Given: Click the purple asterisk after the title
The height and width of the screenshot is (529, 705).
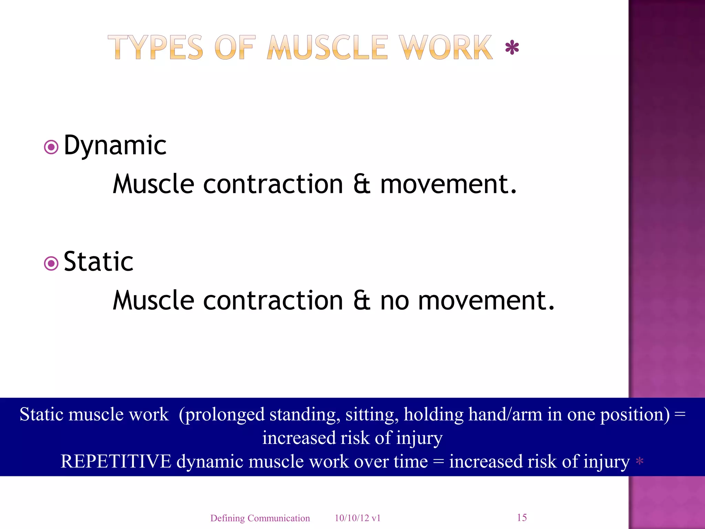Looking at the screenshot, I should (512, 48).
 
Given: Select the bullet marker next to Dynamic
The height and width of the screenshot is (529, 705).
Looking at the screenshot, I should (51, 147).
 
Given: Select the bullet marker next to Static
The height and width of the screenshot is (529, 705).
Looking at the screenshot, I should (51, 264).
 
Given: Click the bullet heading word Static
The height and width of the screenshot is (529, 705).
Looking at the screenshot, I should (98, 262).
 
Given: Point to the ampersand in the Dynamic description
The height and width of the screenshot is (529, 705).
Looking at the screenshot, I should (361, 184).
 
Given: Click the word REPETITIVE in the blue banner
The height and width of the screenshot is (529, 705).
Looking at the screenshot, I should (116, 461).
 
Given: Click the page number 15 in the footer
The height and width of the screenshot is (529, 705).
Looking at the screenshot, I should (522, 517).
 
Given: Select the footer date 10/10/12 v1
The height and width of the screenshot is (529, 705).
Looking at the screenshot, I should (357, 518).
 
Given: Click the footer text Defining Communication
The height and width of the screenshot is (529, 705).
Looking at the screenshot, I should (260, 518).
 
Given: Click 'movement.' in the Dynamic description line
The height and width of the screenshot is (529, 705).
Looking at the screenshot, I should (448, 184).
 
